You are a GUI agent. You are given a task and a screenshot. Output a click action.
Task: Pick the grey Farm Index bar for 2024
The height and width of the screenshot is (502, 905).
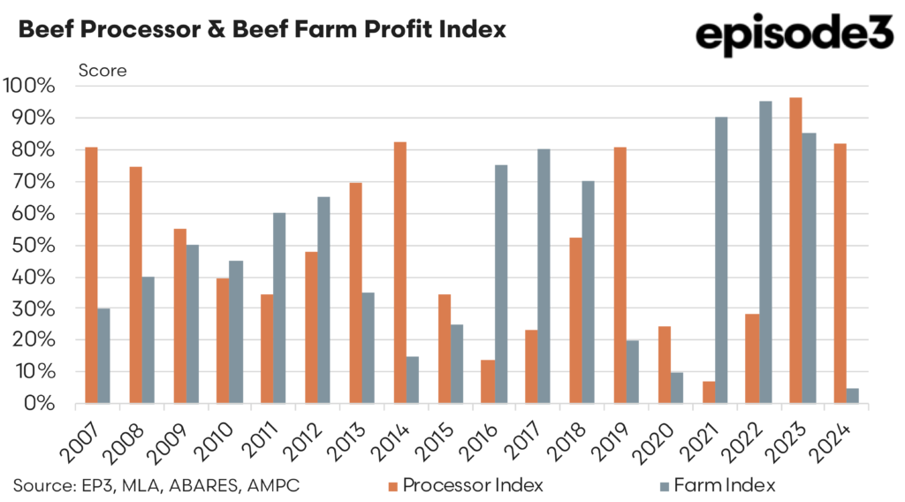coord(853,396)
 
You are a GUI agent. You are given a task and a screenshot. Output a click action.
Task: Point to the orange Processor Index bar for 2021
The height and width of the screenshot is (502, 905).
coord(708,392)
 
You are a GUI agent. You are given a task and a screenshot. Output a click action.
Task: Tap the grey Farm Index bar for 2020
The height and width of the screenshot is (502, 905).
coord(678,388)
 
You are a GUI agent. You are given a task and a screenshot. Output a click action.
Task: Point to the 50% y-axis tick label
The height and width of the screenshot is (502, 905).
coord(35,246)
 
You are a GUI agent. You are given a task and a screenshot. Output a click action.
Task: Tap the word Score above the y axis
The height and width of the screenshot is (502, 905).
coord(103,70)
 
